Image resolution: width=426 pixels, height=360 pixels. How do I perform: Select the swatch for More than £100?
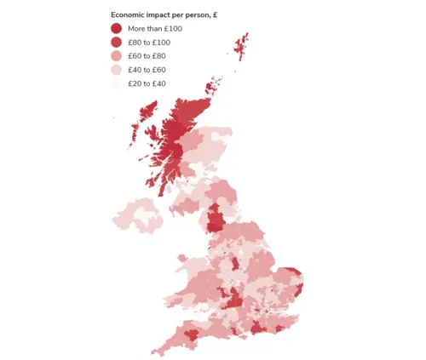pyautogui.click(x=117, y=28)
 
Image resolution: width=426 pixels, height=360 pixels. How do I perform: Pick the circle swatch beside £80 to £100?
pyautogui.click(x=117, y=42)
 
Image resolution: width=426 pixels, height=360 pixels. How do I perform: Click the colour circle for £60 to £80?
pyautogui.click(x=117, y=55)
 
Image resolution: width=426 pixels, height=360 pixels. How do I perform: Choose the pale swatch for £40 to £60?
pyautogui.click(x=117, y=69)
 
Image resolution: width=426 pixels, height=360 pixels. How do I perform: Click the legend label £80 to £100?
pyautogui.click(x=147, y=42)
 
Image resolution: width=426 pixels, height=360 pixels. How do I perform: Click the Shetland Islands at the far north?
pyautogui.click(x=243, y=47)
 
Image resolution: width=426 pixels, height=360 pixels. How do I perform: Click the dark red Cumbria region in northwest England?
pyautogui.click(x=216, y=220)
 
